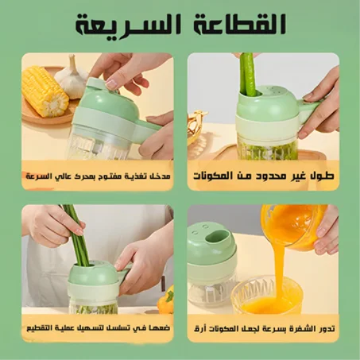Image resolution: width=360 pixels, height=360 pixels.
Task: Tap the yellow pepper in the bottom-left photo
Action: pos(166,300)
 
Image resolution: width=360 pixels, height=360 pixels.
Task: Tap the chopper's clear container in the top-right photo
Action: pos(266,147)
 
